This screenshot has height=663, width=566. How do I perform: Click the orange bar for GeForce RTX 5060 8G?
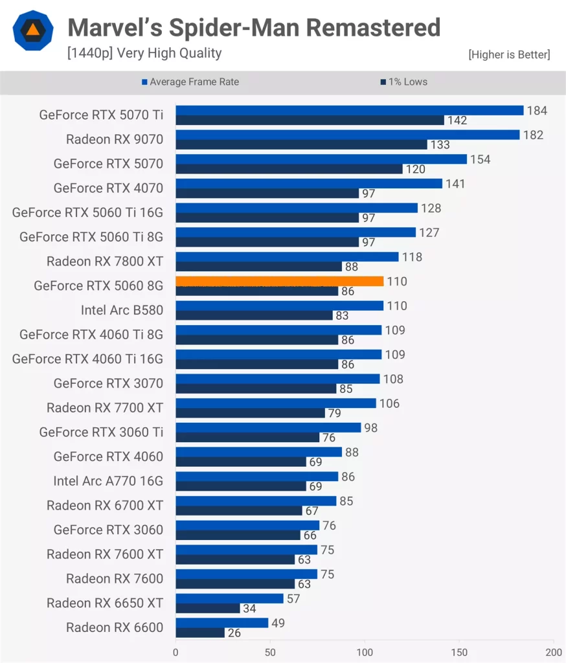click(279, 282)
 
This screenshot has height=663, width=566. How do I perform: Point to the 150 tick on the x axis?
click(459, 652)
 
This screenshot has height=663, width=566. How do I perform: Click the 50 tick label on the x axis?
click(270, 652)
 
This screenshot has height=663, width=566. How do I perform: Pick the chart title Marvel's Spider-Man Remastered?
click(254, 28)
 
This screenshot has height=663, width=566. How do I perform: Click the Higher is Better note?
click(509, 55)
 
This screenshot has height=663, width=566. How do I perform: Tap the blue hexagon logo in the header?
click(31, 30)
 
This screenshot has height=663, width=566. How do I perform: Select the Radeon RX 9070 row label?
click(115, 139)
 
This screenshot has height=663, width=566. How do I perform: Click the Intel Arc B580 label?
click(122, 310)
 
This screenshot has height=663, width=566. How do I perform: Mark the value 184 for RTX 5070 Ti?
click(537, 111)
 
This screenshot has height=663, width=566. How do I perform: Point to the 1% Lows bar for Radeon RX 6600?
click(200, 633)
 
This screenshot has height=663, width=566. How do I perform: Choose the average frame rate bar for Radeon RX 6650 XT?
click(229, 599)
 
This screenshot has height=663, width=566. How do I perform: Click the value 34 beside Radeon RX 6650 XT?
click(250, 609)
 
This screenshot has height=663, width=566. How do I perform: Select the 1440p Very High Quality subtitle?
click(144, 53)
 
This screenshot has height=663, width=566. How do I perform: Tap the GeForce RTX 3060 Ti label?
click(101, 432)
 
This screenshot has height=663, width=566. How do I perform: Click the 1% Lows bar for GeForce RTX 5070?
click(289, 169)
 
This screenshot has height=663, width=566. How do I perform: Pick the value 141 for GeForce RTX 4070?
click(456, 184)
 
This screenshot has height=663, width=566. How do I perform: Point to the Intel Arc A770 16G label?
click(108, 481)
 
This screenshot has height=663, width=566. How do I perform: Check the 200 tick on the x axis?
click(553, 652)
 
